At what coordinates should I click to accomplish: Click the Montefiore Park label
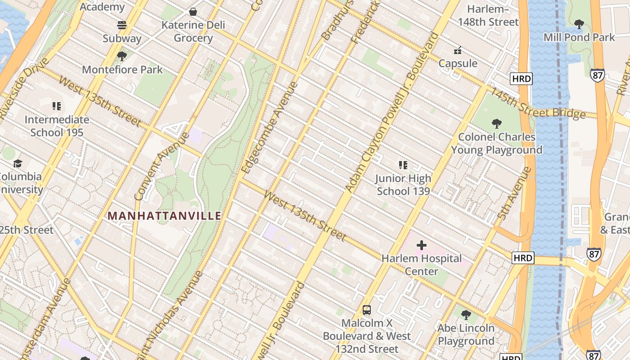[x=122, y=70]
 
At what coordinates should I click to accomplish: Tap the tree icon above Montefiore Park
[x=121, y=56]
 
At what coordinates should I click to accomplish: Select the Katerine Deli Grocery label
[x=193, y=31]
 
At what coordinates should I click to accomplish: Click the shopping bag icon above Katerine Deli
[x=193, y=11]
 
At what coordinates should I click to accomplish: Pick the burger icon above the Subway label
[x=122, y=25]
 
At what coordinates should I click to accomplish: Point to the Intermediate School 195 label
[x=57, y=126]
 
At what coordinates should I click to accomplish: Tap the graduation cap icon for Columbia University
[x=18, y=163]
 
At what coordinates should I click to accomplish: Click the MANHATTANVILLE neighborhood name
[x=165, y=216]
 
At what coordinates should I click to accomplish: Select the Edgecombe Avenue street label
[x=270, y=128]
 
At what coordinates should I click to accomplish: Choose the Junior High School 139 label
[x=403, y=184]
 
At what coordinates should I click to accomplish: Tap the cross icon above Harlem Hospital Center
[x=422, y=245]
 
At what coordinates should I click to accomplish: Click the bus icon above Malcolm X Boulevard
[x=367, y=310]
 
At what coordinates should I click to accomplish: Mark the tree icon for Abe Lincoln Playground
[x=466, y=315]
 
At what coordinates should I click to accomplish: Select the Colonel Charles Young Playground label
[x=496, y=143]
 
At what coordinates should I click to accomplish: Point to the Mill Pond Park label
[x=579, y=37]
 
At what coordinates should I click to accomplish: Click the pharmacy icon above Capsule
[x=458, y=50]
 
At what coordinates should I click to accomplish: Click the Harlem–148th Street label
[x=488, y=15]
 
